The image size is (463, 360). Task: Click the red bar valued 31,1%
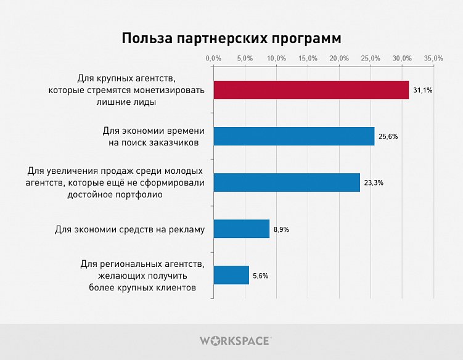(311, 90)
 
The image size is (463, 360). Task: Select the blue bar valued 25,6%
(293, 136)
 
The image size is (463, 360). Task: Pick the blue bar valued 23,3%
(286, 182)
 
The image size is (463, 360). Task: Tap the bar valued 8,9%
(241, 229)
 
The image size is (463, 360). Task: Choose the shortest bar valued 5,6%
(231, 275)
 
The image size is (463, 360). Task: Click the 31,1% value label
(423, 91)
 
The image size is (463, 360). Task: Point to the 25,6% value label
(388, 137)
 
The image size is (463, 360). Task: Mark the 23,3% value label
(374, 183)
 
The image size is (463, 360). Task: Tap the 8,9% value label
(281, 229)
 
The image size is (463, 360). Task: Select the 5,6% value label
(260, 276)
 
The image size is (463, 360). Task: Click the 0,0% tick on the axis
(213, 58)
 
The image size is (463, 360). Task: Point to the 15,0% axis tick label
(308, 58)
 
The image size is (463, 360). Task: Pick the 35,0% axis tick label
(433, 58)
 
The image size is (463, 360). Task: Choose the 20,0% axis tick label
(339, 58)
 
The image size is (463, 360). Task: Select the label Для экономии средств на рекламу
(129, 229)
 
